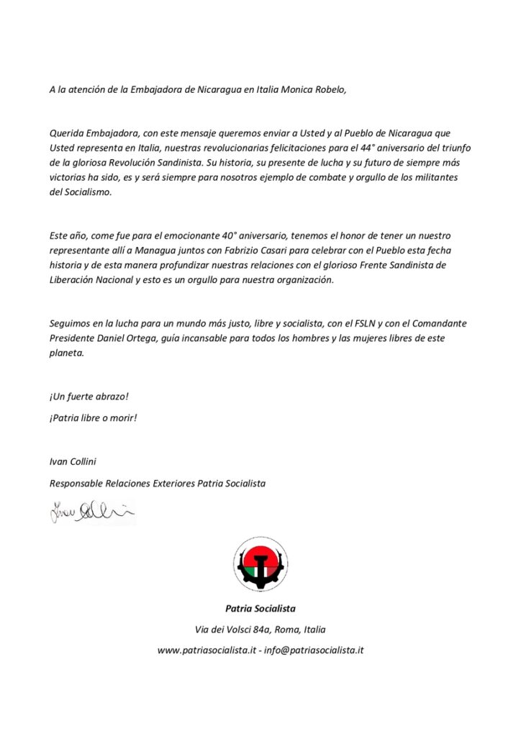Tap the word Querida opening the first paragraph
pos(66,133)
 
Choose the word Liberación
pos(73,280)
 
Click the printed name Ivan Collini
pos(76,461)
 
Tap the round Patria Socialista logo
pos(260,564)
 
